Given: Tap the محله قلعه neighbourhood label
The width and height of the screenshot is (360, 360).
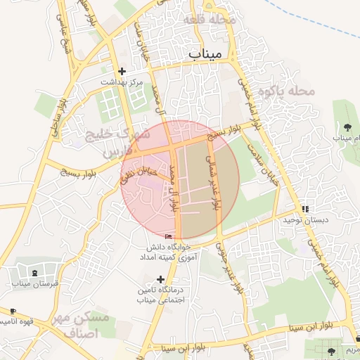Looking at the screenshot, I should point(208,20).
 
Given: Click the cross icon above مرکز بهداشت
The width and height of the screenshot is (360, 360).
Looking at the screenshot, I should point(122,71).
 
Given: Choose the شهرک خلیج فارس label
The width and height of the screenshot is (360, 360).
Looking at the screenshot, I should point(106,142).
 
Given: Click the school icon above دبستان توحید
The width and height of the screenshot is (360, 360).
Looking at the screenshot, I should point(305,209).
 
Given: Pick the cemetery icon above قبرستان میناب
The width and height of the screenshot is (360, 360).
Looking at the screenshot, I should point(35,272).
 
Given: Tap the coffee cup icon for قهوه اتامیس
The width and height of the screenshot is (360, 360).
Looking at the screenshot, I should point(13,311).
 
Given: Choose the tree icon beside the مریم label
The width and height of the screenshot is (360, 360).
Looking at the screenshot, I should point(332,349).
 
